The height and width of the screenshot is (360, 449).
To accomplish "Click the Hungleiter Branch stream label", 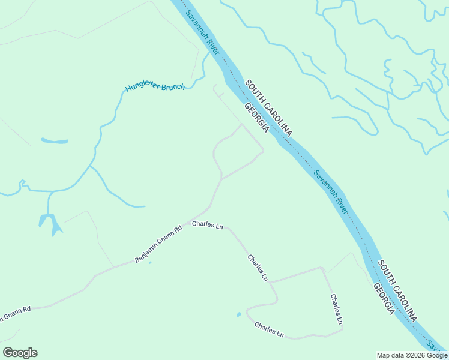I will click(155, 88).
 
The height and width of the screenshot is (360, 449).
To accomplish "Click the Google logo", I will click(20, 353).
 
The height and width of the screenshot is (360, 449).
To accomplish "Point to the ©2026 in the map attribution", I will click(408, 355).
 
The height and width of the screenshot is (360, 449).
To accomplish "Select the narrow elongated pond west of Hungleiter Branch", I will click(54, 142).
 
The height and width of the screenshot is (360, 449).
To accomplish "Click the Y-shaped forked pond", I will click(50, 223).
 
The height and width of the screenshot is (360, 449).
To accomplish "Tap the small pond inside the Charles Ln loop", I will click(239, 314).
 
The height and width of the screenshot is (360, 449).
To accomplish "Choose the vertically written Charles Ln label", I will click(336, 310).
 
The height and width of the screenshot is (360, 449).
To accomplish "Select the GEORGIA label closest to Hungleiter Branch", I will click(256, 118).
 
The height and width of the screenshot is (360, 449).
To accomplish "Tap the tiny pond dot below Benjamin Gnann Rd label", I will click(150, 262).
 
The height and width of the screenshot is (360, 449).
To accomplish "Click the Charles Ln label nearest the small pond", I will click(268, 330).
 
